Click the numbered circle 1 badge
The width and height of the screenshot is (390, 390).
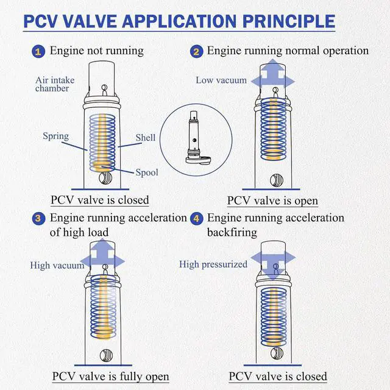pos(38,51)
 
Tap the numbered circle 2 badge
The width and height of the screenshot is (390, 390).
pos(196,51)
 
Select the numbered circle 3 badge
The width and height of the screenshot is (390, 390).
pos(38,219)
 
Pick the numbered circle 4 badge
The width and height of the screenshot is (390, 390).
pos(196,219)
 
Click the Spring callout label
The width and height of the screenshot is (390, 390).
pos(55,136)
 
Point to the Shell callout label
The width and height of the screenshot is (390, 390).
pos(146,137)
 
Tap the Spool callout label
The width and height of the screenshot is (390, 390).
pos(147,172)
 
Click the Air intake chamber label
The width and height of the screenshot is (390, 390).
pos(55,84)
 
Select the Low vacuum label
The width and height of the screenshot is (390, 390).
pos(221,80)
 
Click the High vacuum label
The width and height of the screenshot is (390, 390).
pos(57,265)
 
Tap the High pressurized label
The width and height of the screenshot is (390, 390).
pos(213,264)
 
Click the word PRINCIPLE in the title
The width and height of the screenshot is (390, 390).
pos(289,21)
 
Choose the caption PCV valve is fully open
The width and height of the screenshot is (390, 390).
pos(111,377)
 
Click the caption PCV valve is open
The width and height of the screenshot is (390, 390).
pos(272,200)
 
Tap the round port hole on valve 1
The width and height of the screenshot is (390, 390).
pos(105,178)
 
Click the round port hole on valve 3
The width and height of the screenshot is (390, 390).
pos(106,355)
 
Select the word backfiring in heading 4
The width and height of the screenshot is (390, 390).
pos(232,232)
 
